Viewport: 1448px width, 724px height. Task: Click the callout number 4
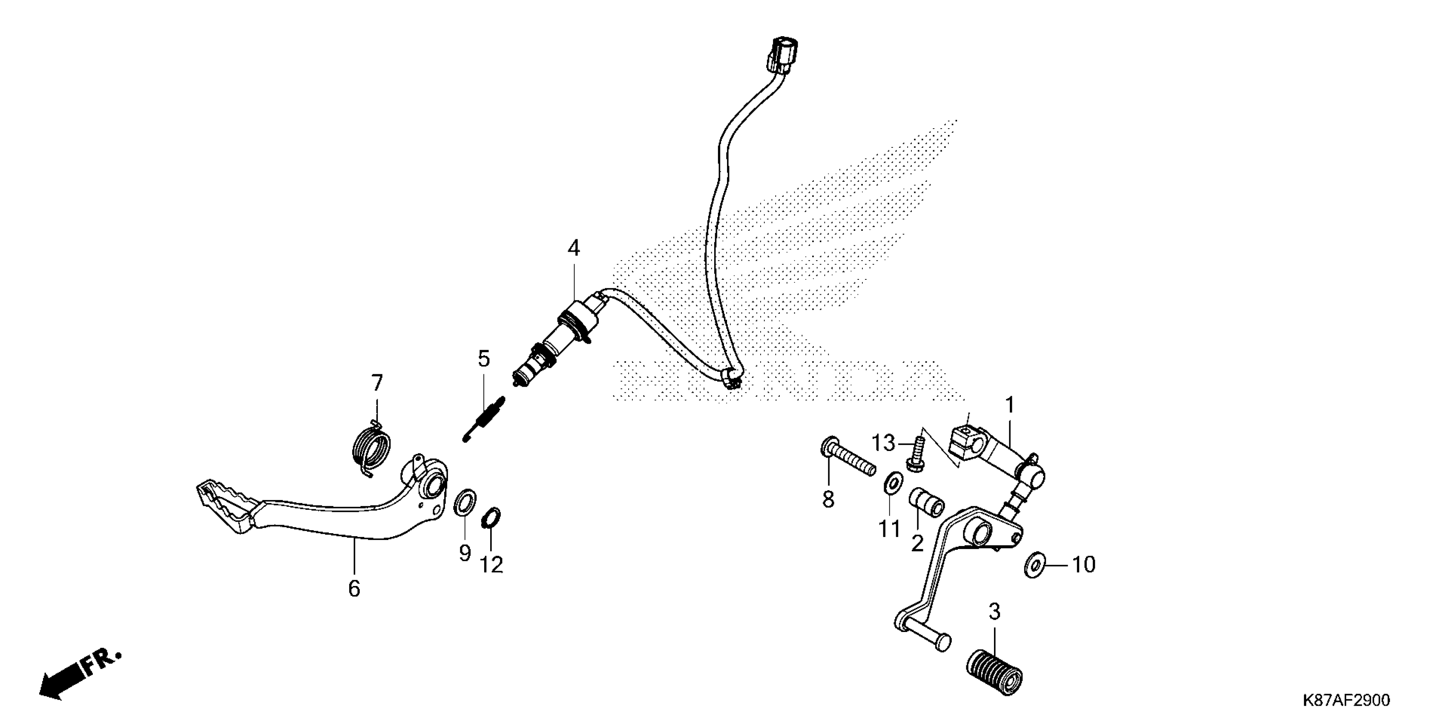(573, 248)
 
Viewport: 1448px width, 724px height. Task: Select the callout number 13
(883, 443)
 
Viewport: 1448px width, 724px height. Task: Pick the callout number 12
(491, 564)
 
